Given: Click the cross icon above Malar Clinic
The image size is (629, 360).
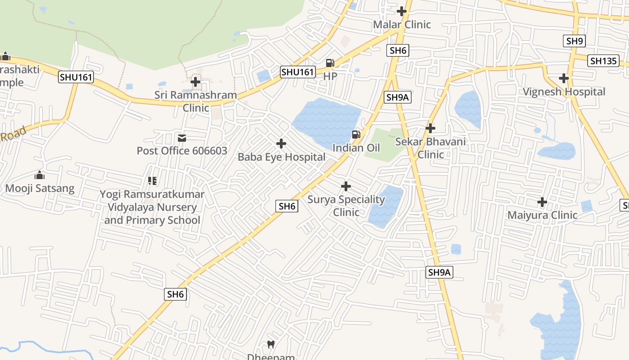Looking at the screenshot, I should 402,11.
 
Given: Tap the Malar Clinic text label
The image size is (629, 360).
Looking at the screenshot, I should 402,24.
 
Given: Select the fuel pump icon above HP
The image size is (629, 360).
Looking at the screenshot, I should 330,63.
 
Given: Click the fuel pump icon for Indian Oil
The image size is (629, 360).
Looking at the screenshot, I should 356,135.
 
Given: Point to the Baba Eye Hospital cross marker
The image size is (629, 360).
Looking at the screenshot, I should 281,144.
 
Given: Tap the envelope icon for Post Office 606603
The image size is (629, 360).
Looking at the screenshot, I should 182,138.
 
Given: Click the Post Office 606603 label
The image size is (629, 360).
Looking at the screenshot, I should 182,151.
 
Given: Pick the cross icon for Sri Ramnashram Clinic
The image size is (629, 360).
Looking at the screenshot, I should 195,82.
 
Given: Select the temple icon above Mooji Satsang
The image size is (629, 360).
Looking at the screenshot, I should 40,175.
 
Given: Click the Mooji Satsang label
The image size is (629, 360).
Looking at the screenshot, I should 40,188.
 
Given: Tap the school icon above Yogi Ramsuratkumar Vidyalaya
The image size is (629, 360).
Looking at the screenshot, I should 152,181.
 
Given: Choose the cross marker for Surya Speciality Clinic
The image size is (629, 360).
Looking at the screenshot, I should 346,186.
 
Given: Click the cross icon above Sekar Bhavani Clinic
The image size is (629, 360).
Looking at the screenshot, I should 430,128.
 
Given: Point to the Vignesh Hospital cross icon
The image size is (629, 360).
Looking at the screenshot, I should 564,78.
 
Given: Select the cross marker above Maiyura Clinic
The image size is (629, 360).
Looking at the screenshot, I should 542,202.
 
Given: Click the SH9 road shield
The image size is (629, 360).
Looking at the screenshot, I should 575,41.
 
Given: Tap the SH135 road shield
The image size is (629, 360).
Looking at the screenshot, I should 604,61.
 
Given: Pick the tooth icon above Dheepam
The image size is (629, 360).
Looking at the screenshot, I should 271,345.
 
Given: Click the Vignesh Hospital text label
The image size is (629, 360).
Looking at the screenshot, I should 564,92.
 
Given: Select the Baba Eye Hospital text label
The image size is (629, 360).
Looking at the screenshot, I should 281,157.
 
